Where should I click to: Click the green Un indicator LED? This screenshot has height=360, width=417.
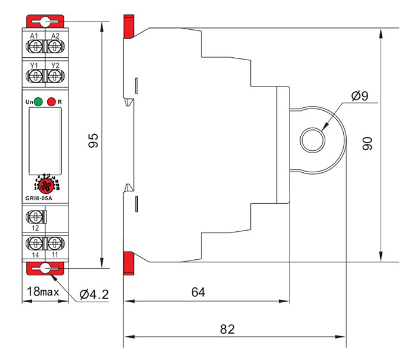click(x=38, y=101)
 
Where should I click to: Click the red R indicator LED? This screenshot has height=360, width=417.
click(x=51, y=101)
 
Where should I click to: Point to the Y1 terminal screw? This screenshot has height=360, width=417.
click(x=35, y=76)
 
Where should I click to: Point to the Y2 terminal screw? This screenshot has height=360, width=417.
click(x=54, y=76)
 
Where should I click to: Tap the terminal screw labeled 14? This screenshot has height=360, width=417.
click(x=35, y=243)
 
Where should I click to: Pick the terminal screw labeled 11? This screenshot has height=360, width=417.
click(x=54, y=243)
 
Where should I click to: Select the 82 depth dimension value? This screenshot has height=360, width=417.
click(x=228, y=329)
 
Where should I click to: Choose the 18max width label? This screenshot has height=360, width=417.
click(x=43, y=292)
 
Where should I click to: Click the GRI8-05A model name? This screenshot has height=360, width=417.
click(x=39, y=198)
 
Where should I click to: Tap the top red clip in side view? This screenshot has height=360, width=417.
click(x=127, y=26)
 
